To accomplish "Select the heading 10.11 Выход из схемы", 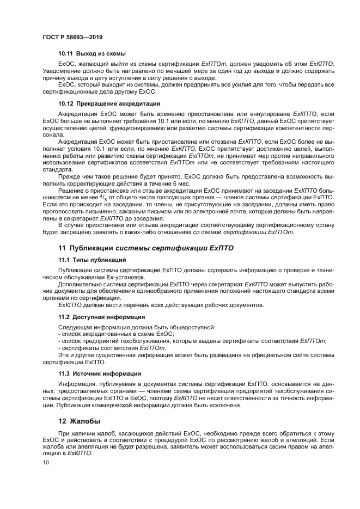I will pos(92,53).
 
